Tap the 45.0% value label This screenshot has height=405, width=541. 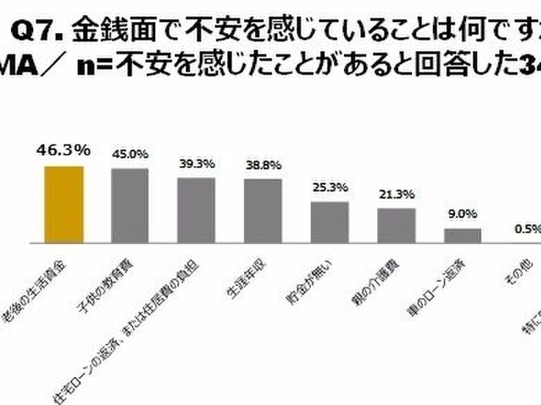click(130, 154)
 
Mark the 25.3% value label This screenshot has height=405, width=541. click(329, 188)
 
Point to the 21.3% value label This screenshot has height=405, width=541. click(396, 194)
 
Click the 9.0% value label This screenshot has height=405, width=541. click(462, 214)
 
